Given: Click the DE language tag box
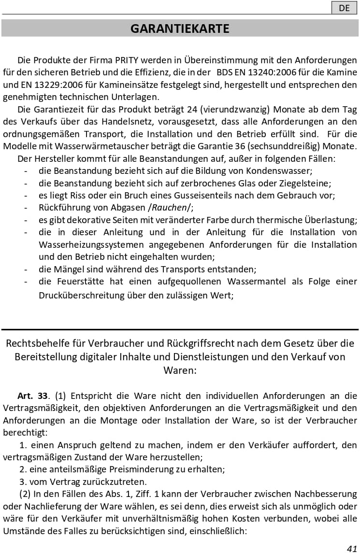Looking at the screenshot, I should [344, 8].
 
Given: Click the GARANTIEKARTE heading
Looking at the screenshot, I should [180, 29].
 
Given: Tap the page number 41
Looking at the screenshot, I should [352, 548].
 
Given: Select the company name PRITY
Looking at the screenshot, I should [127, 61].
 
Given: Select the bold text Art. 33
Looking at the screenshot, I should [32, 396].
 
